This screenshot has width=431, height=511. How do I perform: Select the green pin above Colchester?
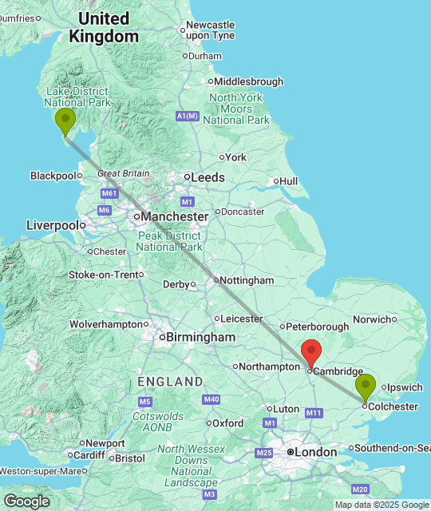[366, 387]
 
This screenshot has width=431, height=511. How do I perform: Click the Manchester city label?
[173, 216]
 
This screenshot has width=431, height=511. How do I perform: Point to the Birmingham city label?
[200, 337]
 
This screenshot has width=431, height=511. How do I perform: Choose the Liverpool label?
[52, 225]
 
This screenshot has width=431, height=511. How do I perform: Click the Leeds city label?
[207, 177]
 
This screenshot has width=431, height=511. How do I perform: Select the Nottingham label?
[247, 280]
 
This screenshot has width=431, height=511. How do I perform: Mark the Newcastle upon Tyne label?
[211, 30]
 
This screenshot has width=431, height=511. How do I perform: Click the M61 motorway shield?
[109, 193]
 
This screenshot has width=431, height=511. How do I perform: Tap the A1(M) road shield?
[186, 117]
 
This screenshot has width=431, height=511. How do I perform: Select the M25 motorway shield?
[264, 453]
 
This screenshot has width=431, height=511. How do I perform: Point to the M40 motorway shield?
[212, 399]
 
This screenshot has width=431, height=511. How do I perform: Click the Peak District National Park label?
[169, 241]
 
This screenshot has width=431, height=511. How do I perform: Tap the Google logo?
[26, 501]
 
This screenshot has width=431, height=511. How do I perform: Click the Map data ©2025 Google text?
[381, 505]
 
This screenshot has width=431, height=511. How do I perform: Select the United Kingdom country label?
[103, 27]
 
